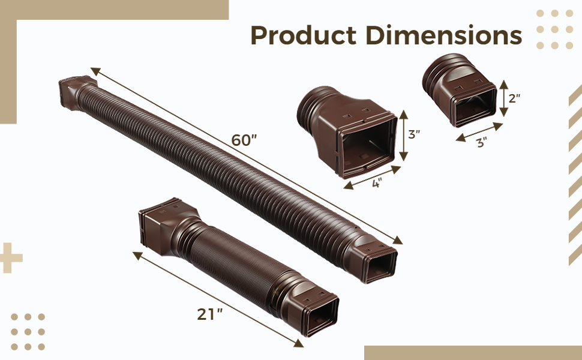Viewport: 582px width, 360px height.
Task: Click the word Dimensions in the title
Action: [x=443, y=36]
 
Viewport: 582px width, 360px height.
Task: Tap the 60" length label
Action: [x=244, y=140]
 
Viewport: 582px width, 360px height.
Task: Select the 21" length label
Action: [x=210, y=314]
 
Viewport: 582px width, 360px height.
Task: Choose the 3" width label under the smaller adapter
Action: [x=481, y=142]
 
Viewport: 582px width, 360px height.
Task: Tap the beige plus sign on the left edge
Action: [x=10, y=258]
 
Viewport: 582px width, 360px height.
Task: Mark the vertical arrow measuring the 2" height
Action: [x=503, y=98]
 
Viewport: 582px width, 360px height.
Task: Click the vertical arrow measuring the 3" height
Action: [x=403, y=135]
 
